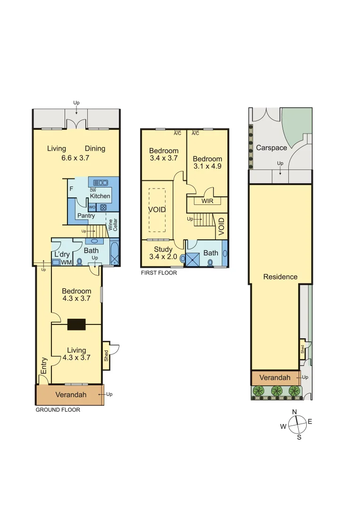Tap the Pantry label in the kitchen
click(86, 216)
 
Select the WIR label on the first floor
click(207, 201)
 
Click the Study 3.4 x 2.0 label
click(163, 253)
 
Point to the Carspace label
click(271, 148)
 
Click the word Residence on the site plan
click(280, 277)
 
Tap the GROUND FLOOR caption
click(58, 410)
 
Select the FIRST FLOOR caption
click(159, 273)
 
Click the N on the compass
click(294, 412)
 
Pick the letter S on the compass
click(299, 437)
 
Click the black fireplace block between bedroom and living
click(76, 324)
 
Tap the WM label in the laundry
click(66, 262)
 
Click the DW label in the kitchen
click(93, 190)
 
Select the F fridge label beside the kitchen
click(71, 189)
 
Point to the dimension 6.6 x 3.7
click(75, 158)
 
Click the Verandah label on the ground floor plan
click(71, 395)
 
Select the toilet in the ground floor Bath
click(80, 261)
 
